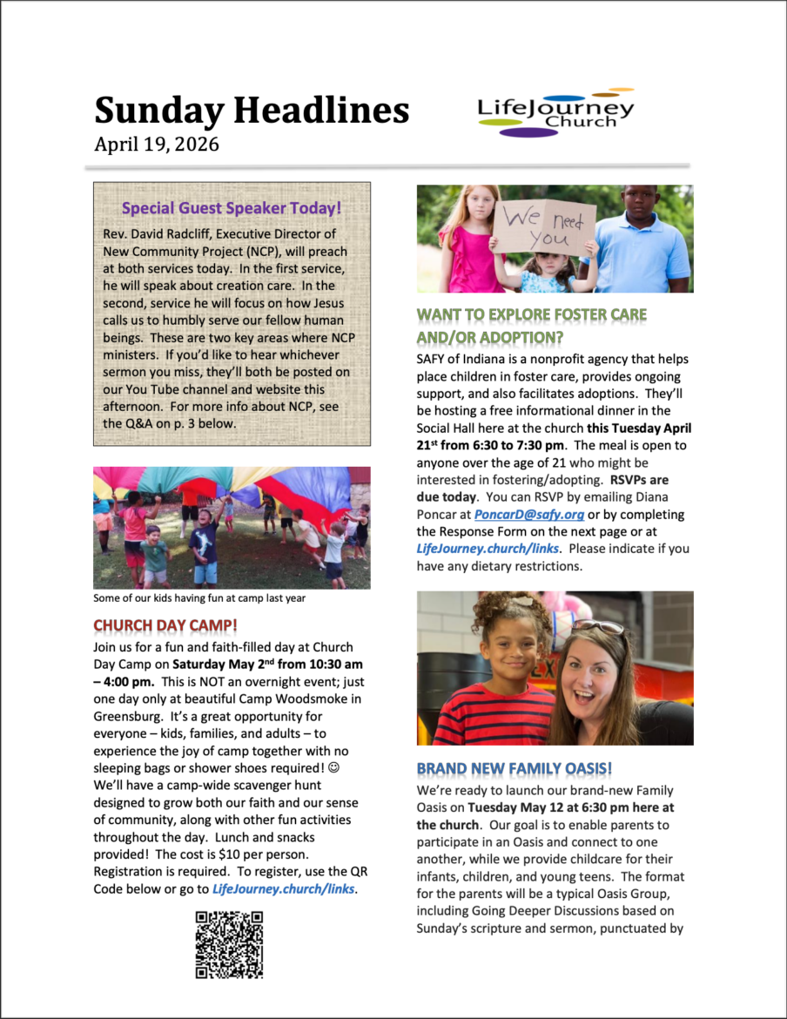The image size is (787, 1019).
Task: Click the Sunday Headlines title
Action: (x=252, y=111)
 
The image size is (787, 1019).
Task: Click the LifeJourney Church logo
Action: (x=555, y=113)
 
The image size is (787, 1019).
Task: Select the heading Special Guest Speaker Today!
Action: (x=232, y=208)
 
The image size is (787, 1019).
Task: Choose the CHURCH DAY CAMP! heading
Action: (x=165, y=625)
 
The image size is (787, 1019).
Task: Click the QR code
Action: (x=229, y=945)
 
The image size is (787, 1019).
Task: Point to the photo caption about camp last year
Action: (x=199, y=598)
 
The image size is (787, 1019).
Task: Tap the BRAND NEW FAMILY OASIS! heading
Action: (x=514, y=769)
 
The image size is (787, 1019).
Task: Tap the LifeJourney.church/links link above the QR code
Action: (x=284, y=889)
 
